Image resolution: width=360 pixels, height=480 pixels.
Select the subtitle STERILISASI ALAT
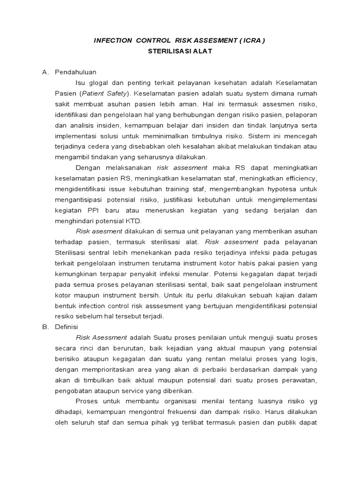[180, 52]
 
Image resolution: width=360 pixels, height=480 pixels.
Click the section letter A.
[45, 72]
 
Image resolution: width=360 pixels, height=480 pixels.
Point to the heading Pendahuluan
[75, 72]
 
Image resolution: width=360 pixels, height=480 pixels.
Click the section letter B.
[45, 326]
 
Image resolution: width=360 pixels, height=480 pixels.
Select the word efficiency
[300, 179]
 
